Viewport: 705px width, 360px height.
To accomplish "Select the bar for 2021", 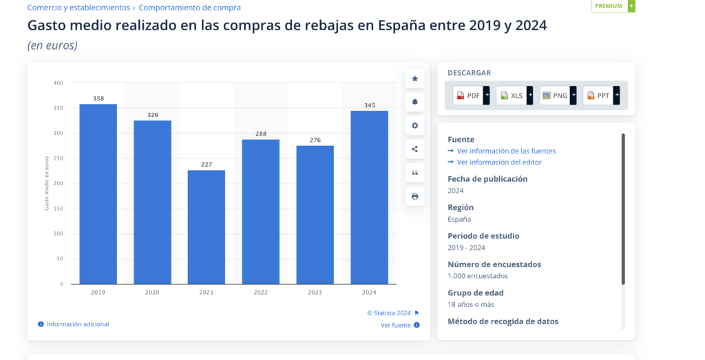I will pyautogui.click(x=207, y=226).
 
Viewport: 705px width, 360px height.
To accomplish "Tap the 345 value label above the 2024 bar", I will pyautogui.click(x=369, y=105).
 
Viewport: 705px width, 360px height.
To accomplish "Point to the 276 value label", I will pyautogui.click(x=315, y=140).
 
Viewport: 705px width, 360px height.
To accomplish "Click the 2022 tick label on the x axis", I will pyautogui.click(x=260, y=293).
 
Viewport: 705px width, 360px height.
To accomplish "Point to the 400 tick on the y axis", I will pyautogui.click(x=58, y=83).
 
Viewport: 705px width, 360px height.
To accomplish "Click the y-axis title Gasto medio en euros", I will pyautogui.click(x=47, y=184).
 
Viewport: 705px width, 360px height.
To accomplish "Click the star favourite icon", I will pyautogui.click(x=414, y=78).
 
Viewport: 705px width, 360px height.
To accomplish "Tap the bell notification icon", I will pyautogui.click(x=414, y=102).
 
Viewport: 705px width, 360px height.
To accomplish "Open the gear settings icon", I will pyautogui.click(x=414, y=126).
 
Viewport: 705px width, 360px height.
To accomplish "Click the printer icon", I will pyautogui.click(x=414, y=196).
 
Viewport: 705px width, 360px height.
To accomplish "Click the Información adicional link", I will pyautogui.click(x=77, y=324).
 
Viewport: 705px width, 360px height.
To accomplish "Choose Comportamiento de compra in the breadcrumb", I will pyautogui.click(x=190, y=8).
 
